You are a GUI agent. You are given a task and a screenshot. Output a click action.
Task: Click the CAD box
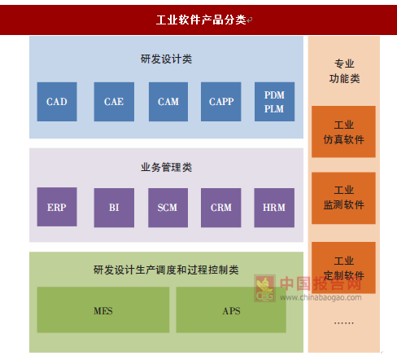(x=57, y=102)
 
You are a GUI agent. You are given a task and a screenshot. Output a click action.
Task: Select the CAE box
(x=114, y=102)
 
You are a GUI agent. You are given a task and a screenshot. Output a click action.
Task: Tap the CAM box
(x=168, y=102)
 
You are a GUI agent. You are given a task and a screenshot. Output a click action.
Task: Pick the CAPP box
(x=220, y=102)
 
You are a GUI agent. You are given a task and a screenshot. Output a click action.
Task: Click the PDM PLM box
(x=274, y=102)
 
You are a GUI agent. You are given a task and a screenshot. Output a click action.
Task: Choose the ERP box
(x=57, y=207)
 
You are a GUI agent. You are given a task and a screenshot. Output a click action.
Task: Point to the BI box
(x=114, y=208)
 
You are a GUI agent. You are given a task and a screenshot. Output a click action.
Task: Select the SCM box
(x=168, y=208)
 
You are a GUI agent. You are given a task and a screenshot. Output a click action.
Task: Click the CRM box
(x=220, y=208)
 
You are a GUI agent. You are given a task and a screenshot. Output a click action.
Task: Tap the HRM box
(x=274, y=208)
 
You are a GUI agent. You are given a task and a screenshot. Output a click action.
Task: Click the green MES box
(x=103, y=310)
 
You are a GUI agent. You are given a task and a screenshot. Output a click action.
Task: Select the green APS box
(x=231, y=310)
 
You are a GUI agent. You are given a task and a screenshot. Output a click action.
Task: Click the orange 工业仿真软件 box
(x=343, y=132)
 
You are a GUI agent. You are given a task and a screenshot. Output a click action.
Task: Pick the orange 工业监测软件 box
(x=343, y=198)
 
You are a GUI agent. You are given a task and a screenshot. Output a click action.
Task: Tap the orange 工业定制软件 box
(x=343, y=268)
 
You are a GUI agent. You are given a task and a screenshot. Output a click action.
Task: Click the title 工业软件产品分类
(x=201, y=20)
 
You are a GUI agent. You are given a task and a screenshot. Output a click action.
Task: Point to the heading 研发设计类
(x=166, y=59)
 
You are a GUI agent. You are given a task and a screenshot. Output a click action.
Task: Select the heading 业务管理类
(x=166, y=167)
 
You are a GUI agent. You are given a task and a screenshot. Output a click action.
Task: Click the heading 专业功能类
(x=344, y=71)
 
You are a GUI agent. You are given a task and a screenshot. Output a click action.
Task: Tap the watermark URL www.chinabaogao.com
(x=321, y=297)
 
